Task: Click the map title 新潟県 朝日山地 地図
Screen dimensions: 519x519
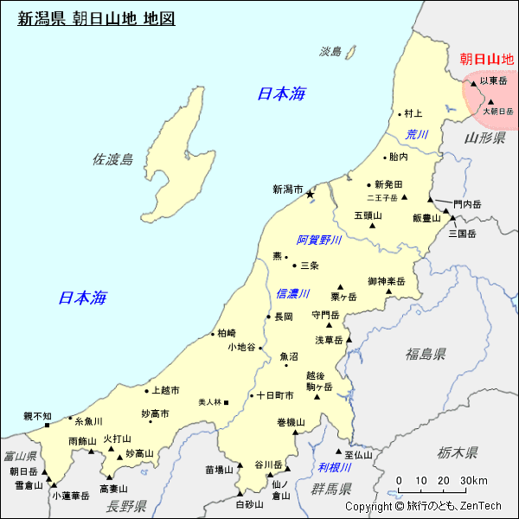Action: (x=96, y=17)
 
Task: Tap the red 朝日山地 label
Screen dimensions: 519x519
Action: (x=487, y=59)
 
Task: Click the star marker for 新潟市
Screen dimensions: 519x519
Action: (x=310, y=195)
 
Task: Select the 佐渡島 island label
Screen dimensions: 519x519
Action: (x=112, y=159)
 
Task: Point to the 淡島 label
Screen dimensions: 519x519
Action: (x=330, y=52)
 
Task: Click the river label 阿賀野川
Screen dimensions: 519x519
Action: (x=319, y=240)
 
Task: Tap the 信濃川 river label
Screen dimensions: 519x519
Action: (x=292, y=294)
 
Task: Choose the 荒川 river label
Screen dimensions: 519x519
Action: (x=417, y=134)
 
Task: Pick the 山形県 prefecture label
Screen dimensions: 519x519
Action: (x=484, y=138)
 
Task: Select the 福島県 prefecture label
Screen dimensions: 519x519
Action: (x=426, y=354)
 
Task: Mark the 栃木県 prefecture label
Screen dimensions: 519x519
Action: (x=458, y=452)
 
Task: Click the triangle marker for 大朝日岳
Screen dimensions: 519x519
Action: (x=490, y=102)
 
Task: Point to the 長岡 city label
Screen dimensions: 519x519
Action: (x=284, y=317)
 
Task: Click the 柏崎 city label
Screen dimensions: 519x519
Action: (x=226, y=333)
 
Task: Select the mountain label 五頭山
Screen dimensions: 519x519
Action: (x=367, y=215)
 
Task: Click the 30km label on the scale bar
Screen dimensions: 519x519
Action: (x=473, y=481)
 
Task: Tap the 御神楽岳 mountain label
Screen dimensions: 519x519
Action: (x=386, y=281)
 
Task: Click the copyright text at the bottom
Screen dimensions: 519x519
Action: (x=423, y=506)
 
